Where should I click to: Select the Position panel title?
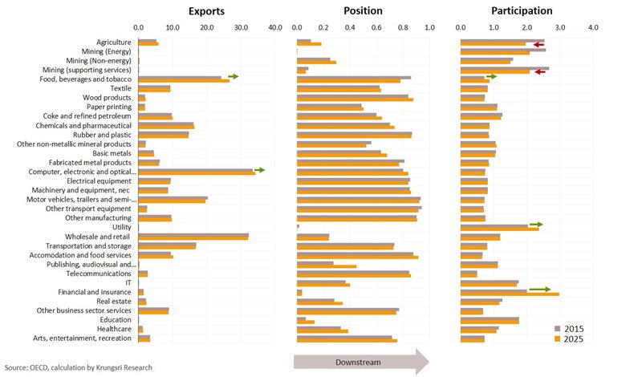[363, 11]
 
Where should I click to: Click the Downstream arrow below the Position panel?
[362, 363]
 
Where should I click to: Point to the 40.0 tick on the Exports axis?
[275, 27]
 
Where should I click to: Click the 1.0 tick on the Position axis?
[429, 27]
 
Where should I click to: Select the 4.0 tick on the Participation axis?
[593, 27]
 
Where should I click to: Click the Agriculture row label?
[115, 42]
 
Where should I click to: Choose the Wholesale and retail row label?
[100, 237]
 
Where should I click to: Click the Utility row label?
[121, 227]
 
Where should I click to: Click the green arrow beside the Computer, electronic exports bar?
[259, 170]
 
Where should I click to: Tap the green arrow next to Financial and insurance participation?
[539, 290]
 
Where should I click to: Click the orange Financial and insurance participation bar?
[510, 294]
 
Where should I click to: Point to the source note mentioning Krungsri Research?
[78, 367]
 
